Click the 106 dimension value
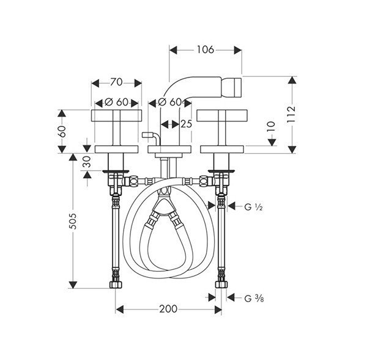pyautogui.click(x=206, y=49)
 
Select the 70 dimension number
pyautogui.click(x=116, y=82)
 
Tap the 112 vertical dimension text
pyautogui.click(x=291, y=115)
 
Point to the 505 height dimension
pyautogui.click(x=73, y=221)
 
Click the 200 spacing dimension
pyautogui.click(x=169, y=309)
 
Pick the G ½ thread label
pyautogui.click(x=253, y=207)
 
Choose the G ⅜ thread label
pyautogui.click(x=254, y=299)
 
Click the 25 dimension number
pyautogui.click(x=187, y=125)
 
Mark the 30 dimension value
pyautogui.click(x=87, y=162)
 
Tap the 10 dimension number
pyautogui.click(x=271, y=127)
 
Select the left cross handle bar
pyautogui.click(x=116, y=115)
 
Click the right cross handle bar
pyautogui.click(x=222, y=115)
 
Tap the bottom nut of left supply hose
pyautogui.click(x=116, y=284)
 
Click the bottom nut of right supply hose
pyautogui.click(x=221, y=284)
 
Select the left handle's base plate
pyautogui.click(x=116, y=150)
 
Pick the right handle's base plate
pyautogui.click(x=222, y=150)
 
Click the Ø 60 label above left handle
pyautogui.click(x=117, y=102)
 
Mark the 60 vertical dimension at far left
pyautogui.click(x=62, y=131)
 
